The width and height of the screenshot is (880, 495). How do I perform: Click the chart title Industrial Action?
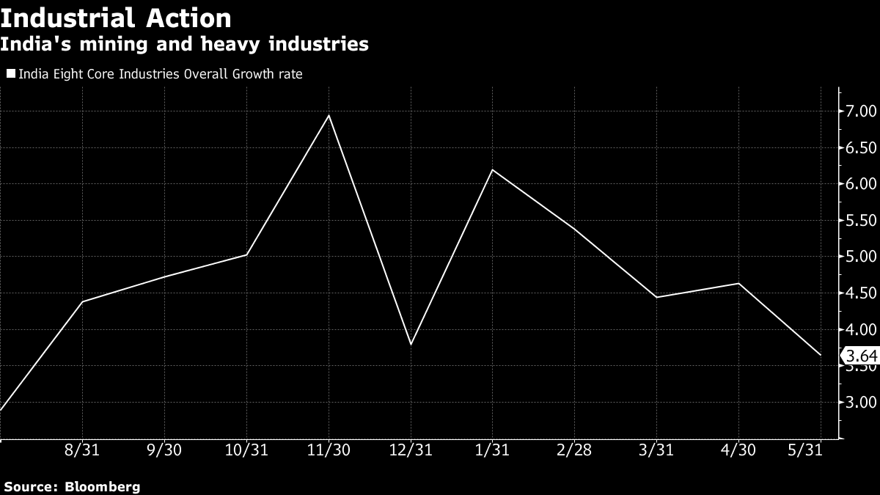pos(116,18)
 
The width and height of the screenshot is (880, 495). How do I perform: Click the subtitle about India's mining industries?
pos(184,45)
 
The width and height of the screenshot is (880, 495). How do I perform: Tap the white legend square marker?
pos(11,74)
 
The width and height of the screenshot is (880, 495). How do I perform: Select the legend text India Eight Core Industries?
pos(160,74)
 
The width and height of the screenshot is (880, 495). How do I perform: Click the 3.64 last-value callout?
pos(860,357)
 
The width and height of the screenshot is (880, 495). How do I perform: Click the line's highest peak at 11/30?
pos(329,115)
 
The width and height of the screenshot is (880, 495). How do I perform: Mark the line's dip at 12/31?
pos(411,344)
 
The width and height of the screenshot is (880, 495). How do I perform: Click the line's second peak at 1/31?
pos(492,169)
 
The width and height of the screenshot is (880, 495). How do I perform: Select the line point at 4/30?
pos(738,283)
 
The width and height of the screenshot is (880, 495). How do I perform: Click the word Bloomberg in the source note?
pos(103,486)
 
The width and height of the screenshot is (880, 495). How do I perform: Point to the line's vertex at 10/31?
pos(246,254)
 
